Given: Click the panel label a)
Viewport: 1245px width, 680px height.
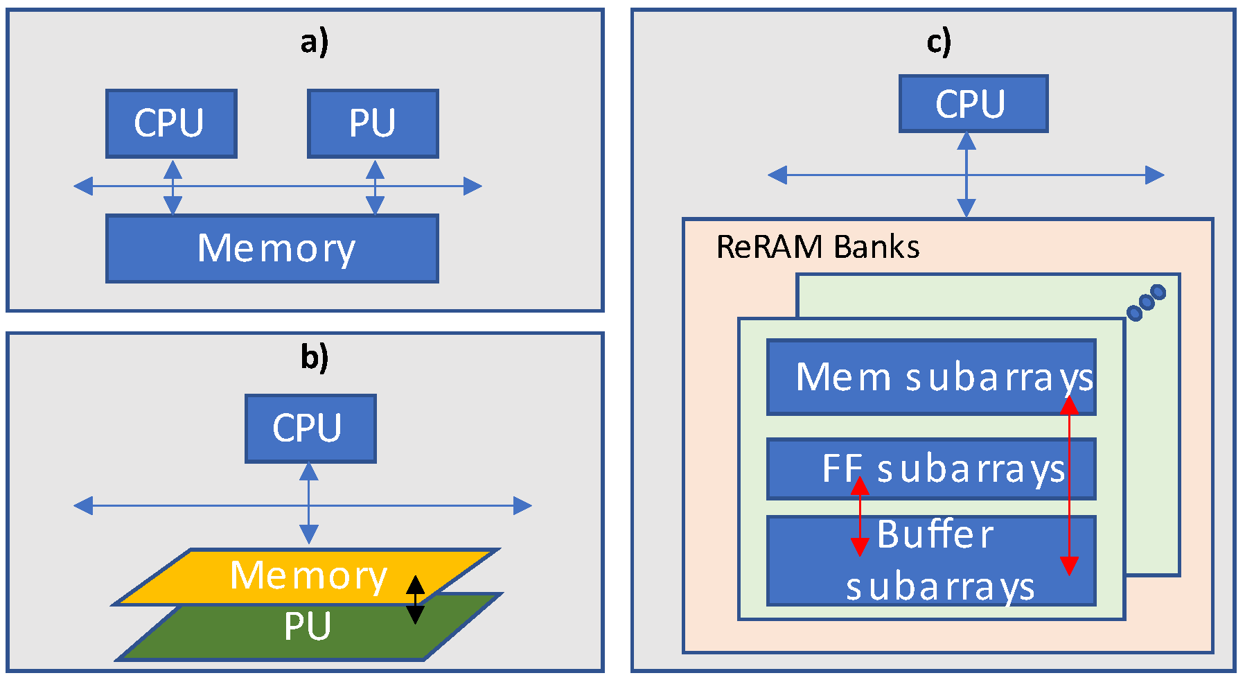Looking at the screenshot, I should click(314, 43).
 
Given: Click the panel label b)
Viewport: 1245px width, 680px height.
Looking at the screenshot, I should click(314, 358).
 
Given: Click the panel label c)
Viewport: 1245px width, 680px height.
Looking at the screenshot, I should click(938, 43).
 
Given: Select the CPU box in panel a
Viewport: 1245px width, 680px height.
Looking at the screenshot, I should click(171, 123).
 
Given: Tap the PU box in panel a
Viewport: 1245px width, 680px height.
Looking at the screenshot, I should click(373, 123).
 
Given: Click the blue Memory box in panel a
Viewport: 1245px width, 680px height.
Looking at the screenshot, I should click(272, 248).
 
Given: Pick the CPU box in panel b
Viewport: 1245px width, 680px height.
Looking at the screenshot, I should click(310, 428).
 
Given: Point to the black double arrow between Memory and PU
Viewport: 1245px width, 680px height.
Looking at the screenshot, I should click(415, 600).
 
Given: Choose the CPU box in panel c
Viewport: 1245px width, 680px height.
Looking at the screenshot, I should click(973, 103).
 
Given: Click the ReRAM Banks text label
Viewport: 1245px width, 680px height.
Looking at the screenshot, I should click(818, 247).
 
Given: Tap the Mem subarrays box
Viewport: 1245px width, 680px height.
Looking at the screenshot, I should click(930, 377).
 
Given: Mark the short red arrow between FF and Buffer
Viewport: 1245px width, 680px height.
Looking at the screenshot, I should click(860, 516).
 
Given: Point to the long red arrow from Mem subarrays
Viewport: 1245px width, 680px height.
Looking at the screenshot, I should click(1070, 485).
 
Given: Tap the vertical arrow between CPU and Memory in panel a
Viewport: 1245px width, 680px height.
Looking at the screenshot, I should click(173, 186).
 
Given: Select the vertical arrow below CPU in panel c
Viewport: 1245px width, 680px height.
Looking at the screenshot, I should click(966, 175).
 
